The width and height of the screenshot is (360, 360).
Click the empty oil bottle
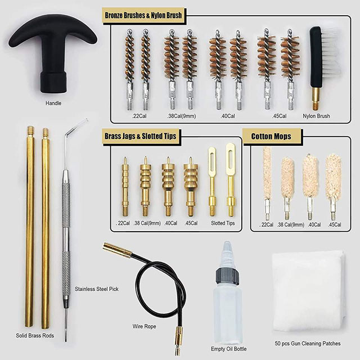227,304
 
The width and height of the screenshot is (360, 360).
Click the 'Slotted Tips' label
222,223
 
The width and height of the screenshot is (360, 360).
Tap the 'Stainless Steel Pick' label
97,289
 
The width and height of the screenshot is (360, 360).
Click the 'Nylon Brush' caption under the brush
316,116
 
